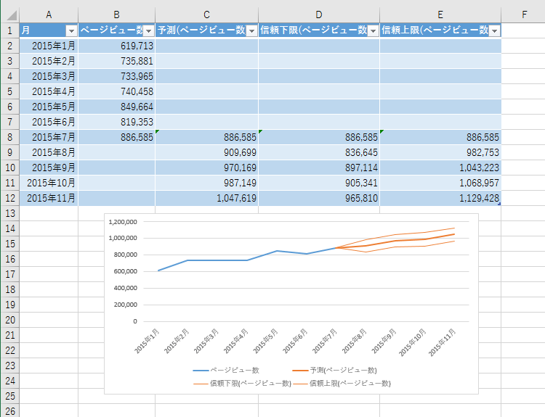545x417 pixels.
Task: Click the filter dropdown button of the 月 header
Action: pos(71,30)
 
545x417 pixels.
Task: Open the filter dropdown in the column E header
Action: pos(494,30)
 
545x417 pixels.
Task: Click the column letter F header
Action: pos(524,15)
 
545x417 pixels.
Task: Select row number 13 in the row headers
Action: pos(9,213)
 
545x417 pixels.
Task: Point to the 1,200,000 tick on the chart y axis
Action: pos(122,222)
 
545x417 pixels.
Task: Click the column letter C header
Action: pos(206,15)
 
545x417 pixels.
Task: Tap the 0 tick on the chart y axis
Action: pos(134,321)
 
